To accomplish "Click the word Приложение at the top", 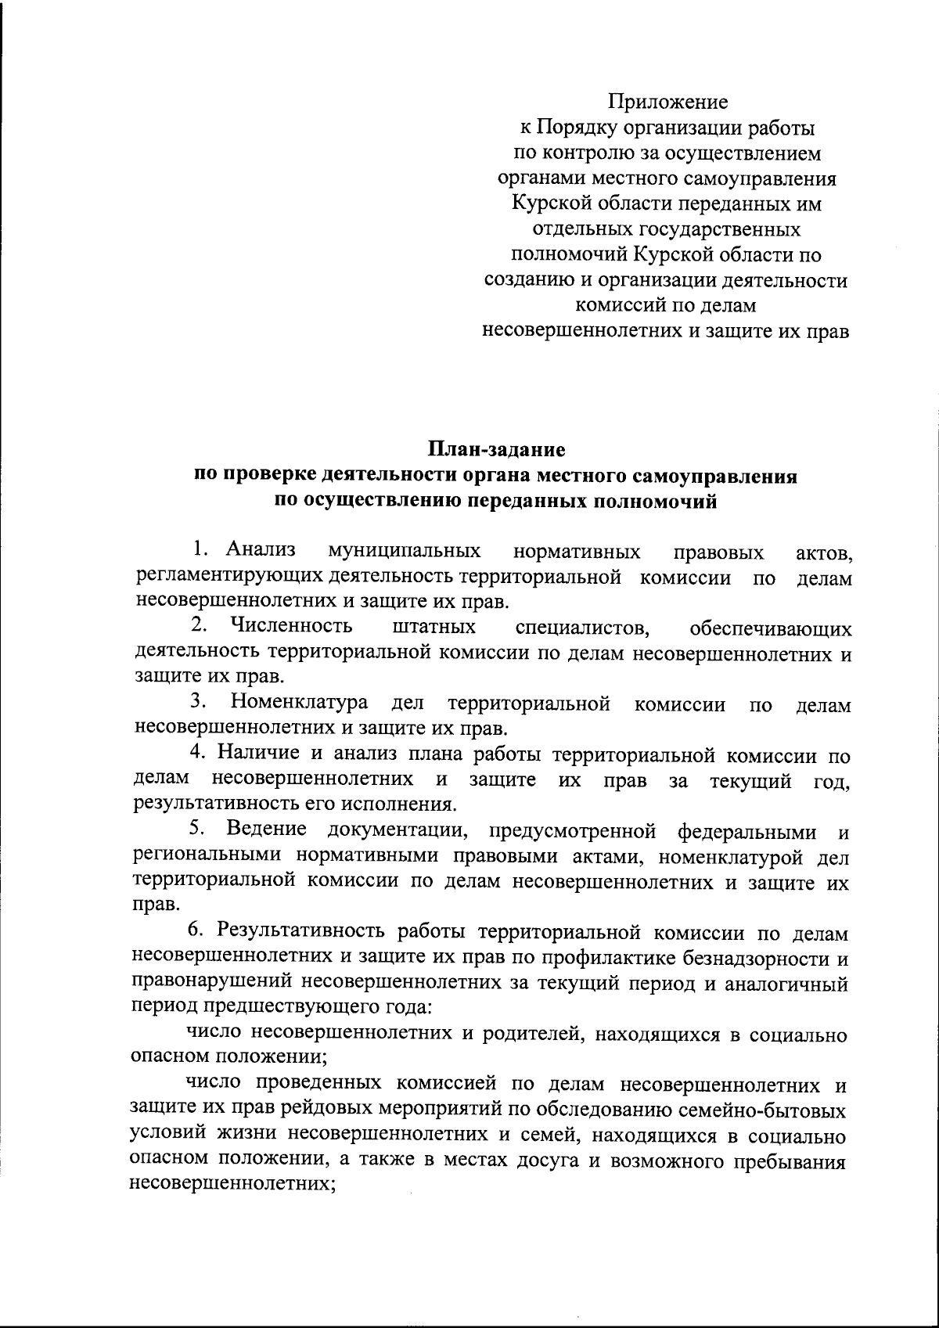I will (668, 103).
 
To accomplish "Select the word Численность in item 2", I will (290, 626).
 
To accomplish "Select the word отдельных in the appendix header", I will (572, 230).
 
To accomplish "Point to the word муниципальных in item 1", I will (405, 552).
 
